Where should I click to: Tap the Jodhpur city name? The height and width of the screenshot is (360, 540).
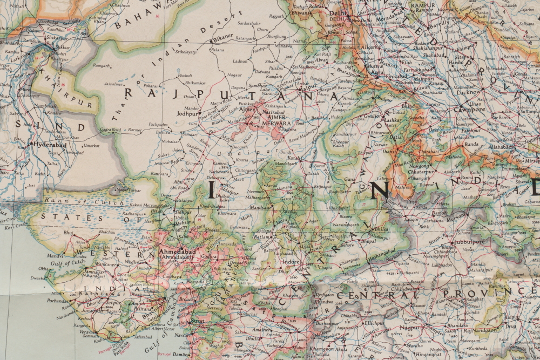tap(187, 114)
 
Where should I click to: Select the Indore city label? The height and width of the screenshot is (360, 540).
tap(292, 262)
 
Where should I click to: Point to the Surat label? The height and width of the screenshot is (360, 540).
tap(198, 320)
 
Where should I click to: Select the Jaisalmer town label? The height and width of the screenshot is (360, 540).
tap(114, 84)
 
